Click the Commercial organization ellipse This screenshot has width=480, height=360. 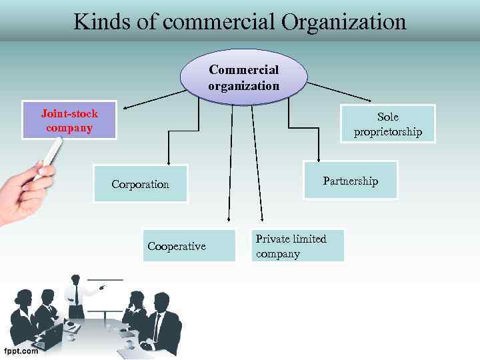click(243, 78)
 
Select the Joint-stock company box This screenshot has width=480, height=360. click(69, 120)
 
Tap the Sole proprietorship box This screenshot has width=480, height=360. click(387, 124)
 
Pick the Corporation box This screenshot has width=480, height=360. click(141, 183)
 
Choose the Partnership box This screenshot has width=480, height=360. click(350, 180)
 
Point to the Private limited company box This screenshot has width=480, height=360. click(298, 245)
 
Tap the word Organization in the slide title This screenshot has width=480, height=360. click(343, 21)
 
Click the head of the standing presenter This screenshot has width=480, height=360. click(76, 279)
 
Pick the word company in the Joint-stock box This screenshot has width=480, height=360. click(69, 127)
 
